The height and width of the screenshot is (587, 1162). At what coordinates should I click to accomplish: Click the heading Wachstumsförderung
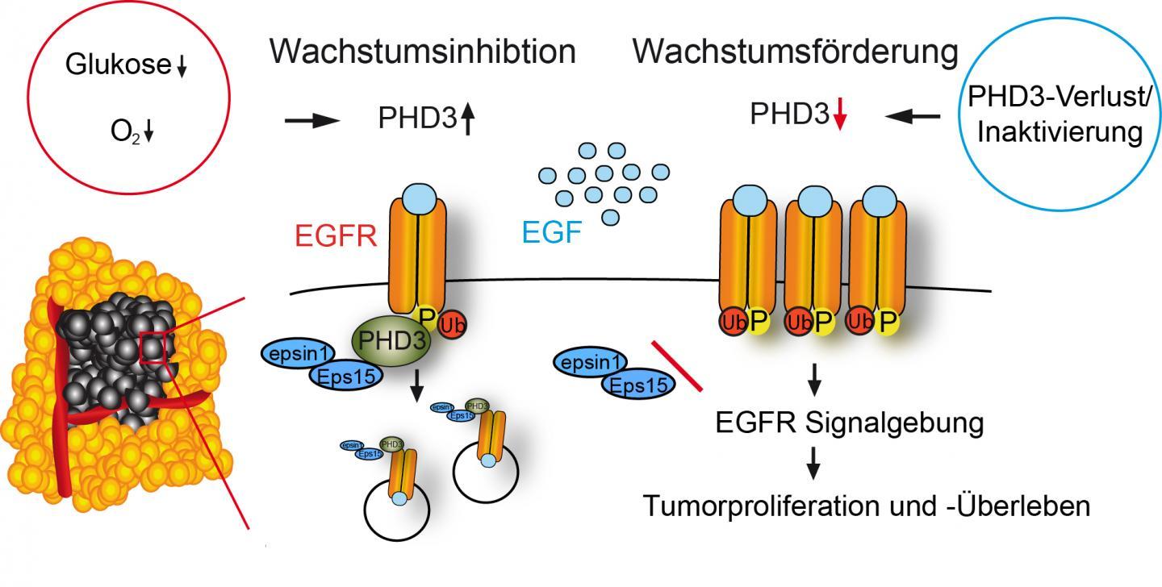point(796,52)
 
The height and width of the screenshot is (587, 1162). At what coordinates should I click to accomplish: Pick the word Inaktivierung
point(1060,131)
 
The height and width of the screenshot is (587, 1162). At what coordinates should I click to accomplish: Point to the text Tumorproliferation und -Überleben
point(867,506)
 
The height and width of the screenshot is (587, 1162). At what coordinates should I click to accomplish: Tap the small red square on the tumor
point(153,348)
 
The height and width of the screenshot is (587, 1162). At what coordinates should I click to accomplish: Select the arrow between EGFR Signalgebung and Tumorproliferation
point(815,463)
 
